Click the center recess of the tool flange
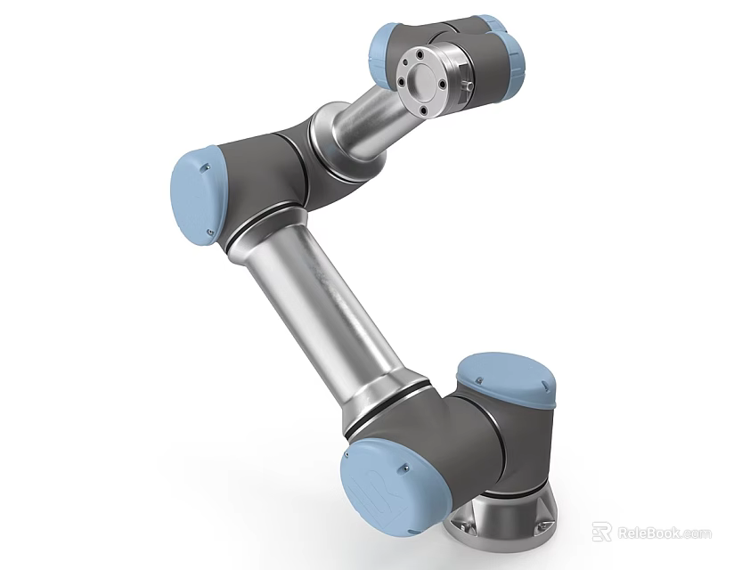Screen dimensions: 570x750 click(424, 83)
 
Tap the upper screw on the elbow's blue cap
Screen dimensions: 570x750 click(207, 164)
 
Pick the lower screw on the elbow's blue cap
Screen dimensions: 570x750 click(211, 233)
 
